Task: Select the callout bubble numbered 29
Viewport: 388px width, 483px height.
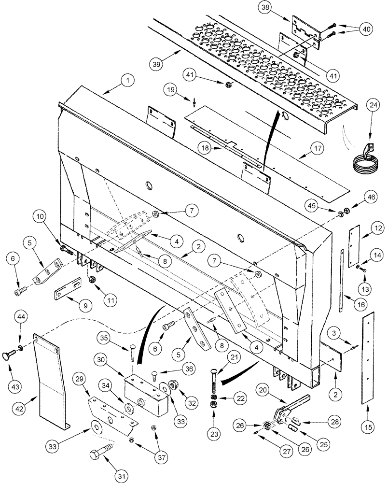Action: point(80,374)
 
